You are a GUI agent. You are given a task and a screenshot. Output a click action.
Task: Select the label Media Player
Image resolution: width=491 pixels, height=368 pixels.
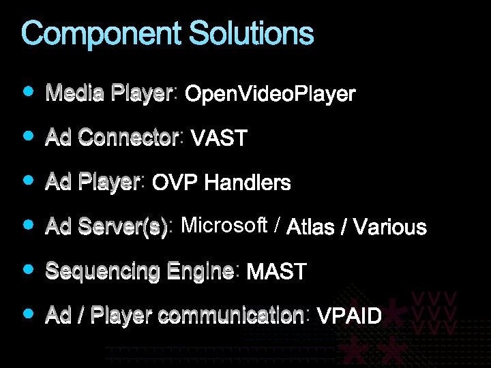108,93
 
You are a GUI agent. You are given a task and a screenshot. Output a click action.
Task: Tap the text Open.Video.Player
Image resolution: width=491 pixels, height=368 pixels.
270,94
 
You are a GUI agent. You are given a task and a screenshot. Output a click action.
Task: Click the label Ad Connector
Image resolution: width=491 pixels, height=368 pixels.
112,138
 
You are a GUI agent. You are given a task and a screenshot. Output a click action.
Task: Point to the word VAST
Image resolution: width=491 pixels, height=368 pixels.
219,139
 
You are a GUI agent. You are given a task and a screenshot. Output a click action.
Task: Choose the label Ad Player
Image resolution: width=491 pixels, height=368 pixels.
92,182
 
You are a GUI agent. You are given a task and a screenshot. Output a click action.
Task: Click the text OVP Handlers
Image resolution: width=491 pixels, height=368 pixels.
222,183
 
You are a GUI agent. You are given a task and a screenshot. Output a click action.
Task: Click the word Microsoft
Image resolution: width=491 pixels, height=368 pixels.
224,226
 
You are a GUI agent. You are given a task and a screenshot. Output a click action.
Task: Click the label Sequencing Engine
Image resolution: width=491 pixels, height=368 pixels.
139,271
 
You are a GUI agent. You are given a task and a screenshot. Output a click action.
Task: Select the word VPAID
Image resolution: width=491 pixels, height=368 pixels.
350,316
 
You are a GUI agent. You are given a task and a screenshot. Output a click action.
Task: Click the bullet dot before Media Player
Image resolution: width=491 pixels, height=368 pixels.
28,91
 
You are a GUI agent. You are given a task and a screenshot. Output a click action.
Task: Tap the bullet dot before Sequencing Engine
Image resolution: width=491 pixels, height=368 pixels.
28,269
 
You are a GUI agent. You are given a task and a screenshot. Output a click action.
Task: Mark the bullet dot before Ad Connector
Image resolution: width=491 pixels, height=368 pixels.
28,136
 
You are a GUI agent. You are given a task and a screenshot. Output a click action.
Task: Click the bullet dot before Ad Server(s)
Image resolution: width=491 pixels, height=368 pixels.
28,224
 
